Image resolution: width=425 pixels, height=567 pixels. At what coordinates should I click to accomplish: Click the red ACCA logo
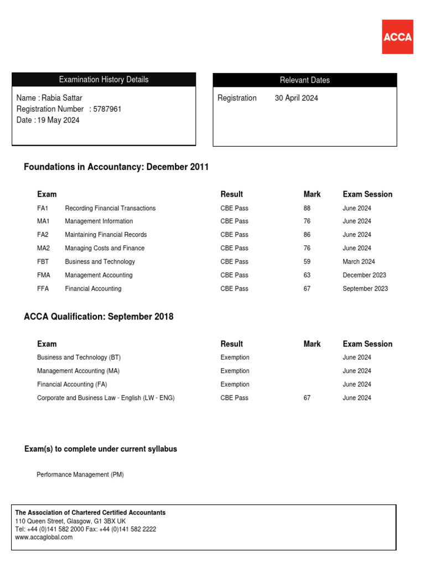point(397,37)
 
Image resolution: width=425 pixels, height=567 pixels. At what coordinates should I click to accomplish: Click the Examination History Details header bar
point(103,80)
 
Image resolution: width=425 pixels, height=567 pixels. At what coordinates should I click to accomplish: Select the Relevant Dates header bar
point(304,80)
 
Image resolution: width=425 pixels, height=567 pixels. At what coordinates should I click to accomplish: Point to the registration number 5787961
point(107,109)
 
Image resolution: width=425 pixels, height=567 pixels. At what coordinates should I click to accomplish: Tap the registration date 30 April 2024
point(297,98)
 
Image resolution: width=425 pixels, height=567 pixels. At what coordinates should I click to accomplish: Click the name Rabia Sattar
point(62,98)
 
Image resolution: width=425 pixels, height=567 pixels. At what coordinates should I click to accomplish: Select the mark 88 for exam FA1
point(307,208)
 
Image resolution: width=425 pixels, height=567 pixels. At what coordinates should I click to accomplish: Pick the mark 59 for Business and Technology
point(307,262)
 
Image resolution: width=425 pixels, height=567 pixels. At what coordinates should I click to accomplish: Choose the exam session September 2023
point(365,288)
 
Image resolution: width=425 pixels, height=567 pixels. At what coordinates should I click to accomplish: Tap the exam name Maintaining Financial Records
point(106,235)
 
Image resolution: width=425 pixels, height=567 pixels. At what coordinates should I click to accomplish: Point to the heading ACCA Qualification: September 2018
point(99,317)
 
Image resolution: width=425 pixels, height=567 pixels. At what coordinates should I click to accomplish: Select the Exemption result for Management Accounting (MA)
point(235,371)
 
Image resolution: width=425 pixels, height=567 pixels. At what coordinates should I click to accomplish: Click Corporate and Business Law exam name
point(106,398)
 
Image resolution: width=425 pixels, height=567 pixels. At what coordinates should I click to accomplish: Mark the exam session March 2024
point(359,262)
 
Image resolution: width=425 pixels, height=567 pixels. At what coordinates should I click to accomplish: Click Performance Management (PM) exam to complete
point(80,475)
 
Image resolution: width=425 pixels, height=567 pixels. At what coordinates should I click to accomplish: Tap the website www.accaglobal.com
point(44,537)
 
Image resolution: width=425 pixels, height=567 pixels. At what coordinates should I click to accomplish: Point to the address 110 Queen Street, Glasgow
point(70,521)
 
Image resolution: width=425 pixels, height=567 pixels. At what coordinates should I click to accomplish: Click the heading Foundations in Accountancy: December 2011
point(116,167)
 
